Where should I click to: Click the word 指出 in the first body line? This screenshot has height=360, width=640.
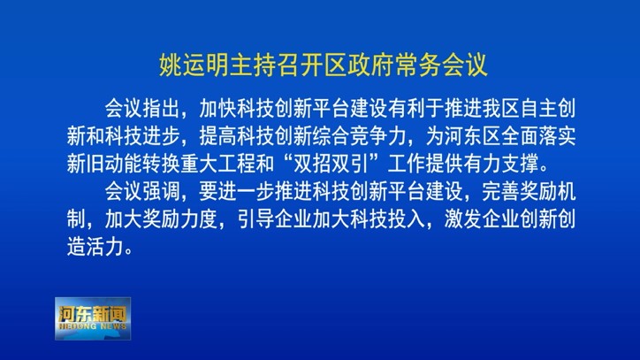pyautogui.click(x=161, y=108)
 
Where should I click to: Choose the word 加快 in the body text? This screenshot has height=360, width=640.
pyautogui.click(x=217, y=108)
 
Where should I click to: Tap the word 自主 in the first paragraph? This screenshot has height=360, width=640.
pyautogui.click(x=538, y=108)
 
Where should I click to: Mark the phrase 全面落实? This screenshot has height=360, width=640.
pyautogui.click(x=538, y=136)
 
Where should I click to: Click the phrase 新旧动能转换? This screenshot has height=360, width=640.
pyautogui.click(x=123, y=164)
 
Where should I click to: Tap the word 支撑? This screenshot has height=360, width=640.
pyautogui.click(x=520, y=164)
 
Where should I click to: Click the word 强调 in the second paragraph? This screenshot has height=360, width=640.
pyautogui.click(x=161, y=192)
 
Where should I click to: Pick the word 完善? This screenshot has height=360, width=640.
pyautogui.click(x=500, y=192)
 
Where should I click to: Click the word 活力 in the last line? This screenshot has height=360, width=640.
pyautogui.click(x=104, y=247)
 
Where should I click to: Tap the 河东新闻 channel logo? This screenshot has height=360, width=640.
pyautogui.click(x=93, y=318)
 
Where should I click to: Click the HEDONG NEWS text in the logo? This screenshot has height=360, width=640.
pyautogui.click(x=93, y=326)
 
